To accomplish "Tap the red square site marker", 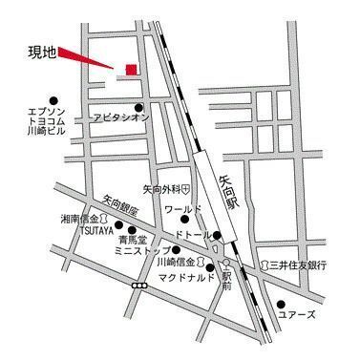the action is pos(131,68).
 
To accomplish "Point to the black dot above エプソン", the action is pos(54,98).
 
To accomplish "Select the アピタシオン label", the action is pos(121,117).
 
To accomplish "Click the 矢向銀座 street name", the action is pos(120,208).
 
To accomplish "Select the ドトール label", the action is pos(194,234).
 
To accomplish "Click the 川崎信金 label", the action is pos(176,262).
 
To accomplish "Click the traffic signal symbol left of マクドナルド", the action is pos(141,286).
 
